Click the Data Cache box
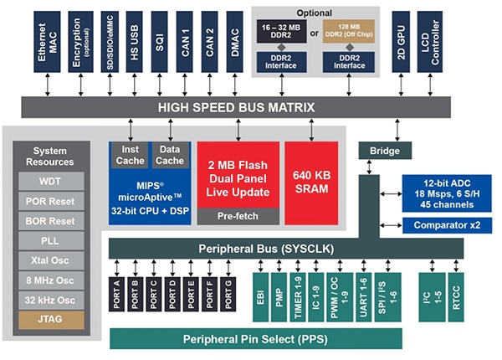point(170,154)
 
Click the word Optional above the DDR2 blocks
point(315,13)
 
